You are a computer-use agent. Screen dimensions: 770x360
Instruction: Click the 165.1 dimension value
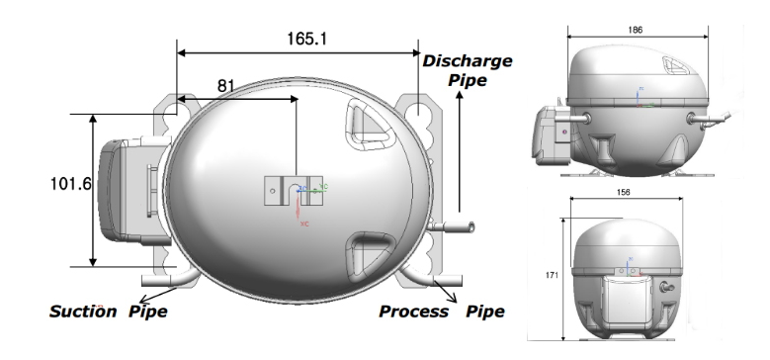(306, 39)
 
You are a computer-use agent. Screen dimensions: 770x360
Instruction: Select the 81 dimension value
(226, 86)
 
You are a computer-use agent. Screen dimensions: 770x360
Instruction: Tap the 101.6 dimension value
(71, 184)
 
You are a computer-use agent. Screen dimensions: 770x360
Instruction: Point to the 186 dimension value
(635, 30)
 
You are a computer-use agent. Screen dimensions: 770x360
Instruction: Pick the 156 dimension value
(623, 192)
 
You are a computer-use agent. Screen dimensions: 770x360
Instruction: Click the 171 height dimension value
(552, 275)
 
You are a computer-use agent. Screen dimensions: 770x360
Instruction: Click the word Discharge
(468, 61)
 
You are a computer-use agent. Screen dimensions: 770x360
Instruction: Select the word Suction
(83, 312)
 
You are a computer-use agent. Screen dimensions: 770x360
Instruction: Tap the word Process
(414, 312)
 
